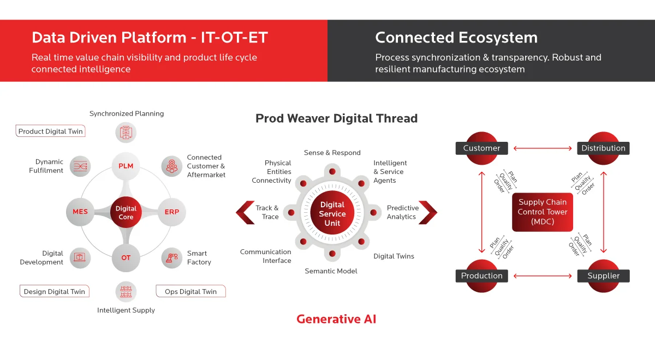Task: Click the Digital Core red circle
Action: [126, 212]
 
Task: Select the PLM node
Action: [126, 166]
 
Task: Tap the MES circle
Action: [80, 212]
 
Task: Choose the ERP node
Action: [172, 212]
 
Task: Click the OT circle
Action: [126, 258]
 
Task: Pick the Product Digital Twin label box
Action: [51, 131]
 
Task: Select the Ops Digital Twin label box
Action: [190, 291]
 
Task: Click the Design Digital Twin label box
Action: [55, 291]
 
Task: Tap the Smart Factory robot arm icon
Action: [172, 258]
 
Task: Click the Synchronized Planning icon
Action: [126, 133]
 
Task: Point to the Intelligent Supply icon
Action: [126, 291]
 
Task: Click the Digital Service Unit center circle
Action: [332, 213]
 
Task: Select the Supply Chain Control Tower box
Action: [543, 212]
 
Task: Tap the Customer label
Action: [481, 148]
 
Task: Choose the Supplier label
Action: [603, 275]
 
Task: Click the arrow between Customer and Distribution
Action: [543, 148]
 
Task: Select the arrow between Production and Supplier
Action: [543, 276]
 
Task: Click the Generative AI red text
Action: [336, 319]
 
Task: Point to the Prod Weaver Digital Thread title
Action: [336, 118]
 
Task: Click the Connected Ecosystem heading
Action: [456, 38]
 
